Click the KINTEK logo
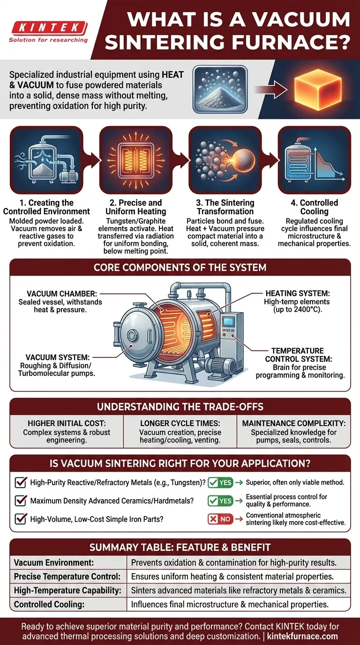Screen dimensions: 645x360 point(48,28)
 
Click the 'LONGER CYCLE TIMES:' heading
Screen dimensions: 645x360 point(180,423)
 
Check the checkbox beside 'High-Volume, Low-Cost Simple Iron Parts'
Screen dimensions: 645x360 point(21,519)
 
